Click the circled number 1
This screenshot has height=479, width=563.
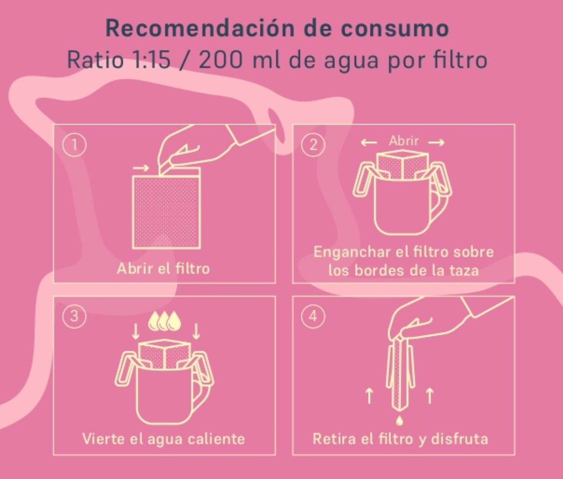click(74, 145)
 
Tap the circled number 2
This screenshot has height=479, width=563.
click(313, 145)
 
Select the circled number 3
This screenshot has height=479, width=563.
click(74, 316)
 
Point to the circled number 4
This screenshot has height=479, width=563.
click(313, 316)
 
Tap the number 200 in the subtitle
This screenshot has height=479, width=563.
click(221, 60)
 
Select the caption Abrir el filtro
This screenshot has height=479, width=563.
click(164, 269)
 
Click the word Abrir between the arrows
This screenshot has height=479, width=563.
click(404, 141)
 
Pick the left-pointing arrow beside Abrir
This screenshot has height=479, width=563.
click(369, 142)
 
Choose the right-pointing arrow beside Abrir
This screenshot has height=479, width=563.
click(436, 142)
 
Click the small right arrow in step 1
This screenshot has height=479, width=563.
click(141, 168)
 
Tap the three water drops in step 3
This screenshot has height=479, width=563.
click(164, 321)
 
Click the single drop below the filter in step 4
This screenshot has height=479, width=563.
click(399, 420)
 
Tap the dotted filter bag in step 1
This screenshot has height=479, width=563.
click(166, 212)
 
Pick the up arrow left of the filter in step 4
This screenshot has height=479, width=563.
click(369, 396)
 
